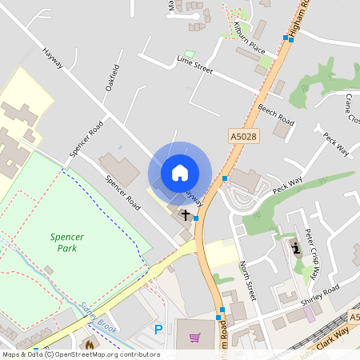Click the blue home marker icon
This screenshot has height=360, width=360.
point(180,173)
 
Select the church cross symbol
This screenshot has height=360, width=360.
point(185,215)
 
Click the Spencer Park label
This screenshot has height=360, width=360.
point(66,242)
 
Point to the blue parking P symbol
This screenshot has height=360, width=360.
point(158,330)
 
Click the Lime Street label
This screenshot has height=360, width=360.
point(194,64)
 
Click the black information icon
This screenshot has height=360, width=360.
point(297,248)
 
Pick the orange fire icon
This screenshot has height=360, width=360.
point(88,345)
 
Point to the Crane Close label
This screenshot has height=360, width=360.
point(350,109)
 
